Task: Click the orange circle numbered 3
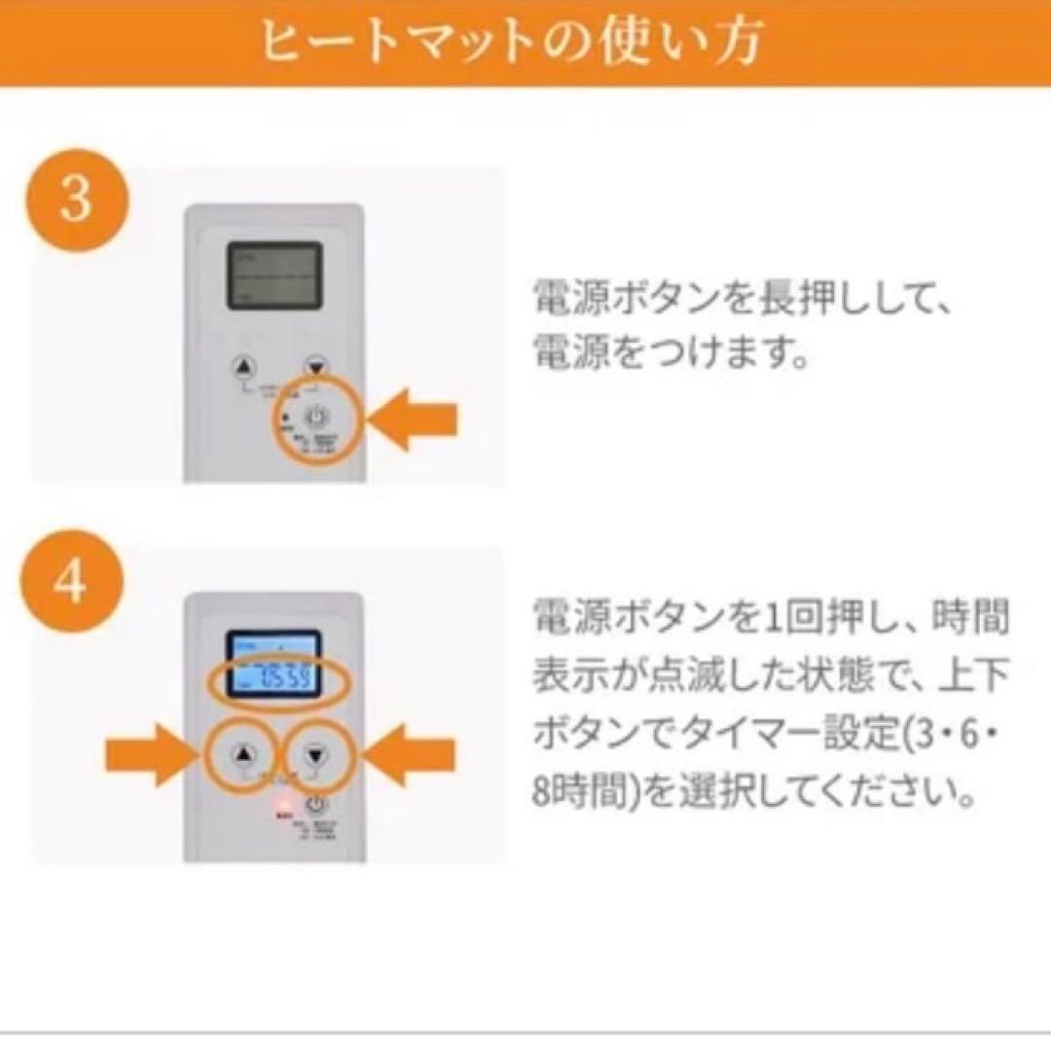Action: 76,199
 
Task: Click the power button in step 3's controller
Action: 318,418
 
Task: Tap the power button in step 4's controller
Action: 316,805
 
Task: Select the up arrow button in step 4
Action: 244,754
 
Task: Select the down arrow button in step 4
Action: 314,754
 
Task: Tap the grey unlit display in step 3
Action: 274,275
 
